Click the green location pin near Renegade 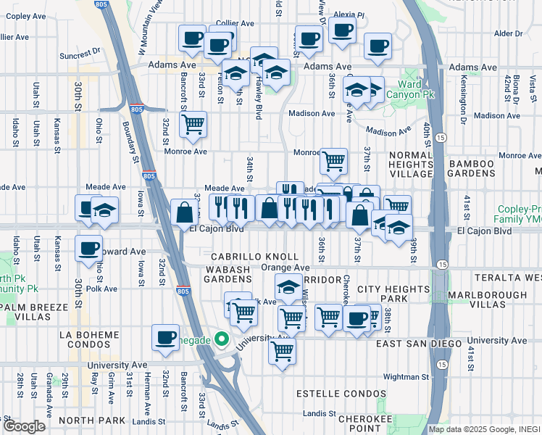(x=223, y=339)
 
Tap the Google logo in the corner (x=24, y=426)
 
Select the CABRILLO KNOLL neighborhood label (x=254, y=257)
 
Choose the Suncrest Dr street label (x=80, y=54)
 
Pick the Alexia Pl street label (x=351, y=14)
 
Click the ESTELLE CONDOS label (x=341, y=393)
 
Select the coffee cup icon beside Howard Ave (x=89, y=248)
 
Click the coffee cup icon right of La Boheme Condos (x=166, y=336)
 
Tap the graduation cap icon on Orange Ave (x=288, y=286)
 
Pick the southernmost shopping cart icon (x=282, y=351)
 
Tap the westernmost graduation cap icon (x=105, y=210)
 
